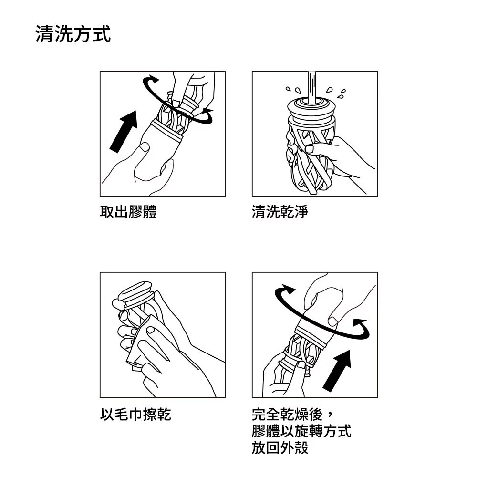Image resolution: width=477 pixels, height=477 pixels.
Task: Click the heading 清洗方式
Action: (73, 34)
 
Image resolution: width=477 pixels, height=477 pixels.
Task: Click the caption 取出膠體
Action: (128, 211)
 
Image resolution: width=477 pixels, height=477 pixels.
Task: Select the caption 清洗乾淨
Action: (280, 211)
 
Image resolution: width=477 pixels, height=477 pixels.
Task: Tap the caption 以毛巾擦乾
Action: (135, 414)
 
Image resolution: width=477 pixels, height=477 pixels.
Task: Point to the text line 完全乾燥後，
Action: (293, 414)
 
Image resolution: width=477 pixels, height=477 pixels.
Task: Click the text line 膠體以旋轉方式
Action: (301, 431)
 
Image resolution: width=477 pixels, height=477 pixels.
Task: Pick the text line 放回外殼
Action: (280, 447)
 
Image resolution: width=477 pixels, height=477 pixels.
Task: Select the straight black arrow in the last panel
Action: (337, 371)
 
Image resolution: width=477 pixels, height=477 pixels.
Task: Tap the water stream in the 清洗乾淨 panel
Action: (312, 88)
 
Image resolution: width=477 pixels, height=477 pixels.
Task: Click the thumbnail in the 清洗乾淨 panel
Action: (310, 149)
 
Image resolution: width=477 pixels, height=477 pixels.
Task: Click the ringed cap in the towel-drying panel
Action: (135, 293)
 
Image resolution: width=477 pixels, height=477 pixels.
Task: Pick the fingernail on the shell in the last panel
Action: (333, 321)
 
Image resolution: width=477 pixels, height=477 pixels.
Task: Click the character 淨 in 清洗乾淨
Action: (301, 211)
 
